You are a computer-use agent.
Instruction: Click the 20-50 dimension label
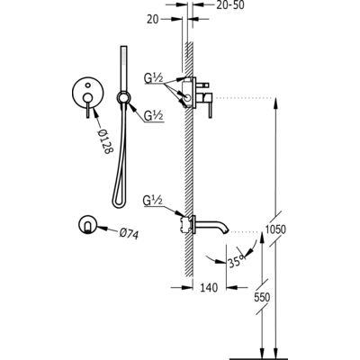(x=230, y=5)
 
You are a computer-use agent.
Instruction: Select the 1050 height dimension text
(x=276, y=229)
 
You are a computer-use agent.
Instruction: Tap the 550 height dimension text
(x=262, y=297)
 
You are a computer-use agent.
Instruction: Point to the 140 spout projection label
(x=209, y=288)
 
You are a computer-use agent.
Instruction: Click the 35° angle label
(x=237, y=261)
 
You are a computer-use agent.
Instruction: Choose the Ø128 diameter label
(x=104, y=141)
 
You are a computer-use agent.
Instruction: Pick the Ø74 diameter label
(x=129, y=233)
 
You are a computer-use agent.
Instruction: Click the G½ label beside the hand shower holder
(x=153, y=115)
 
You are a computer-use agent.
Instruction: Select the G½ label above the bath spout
(x=153, y=201)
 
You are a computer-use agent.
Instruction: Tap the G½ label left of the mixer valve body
(x=154, y=78)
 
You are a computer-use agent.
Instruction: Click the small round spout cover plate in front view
(x=87, y=225)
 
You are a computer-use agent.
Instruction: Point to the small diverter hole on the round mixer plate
(x=87, y=85)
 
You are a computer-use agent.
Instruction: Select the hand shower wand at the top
(x=123, y=68)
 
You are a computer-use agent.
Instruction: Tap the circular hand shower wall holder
(x=123, y=97)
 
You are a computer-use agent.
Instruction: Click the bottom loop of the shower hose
(x=119, y=204)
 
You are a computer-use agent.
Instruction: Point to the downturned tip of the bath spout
(x=226, y=229)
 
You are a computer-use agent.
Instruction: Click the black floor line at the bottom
(x=258, y=358)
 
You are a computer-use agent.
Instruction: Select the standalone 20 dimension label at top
(x=153, y=19)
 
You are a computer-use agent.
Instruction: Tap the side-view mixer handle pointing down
(x=210, y=105)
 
